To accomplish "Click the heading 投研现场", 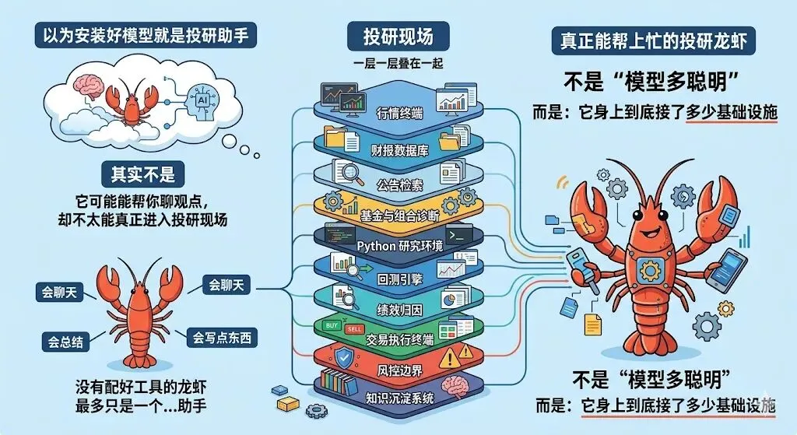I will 398,36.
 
